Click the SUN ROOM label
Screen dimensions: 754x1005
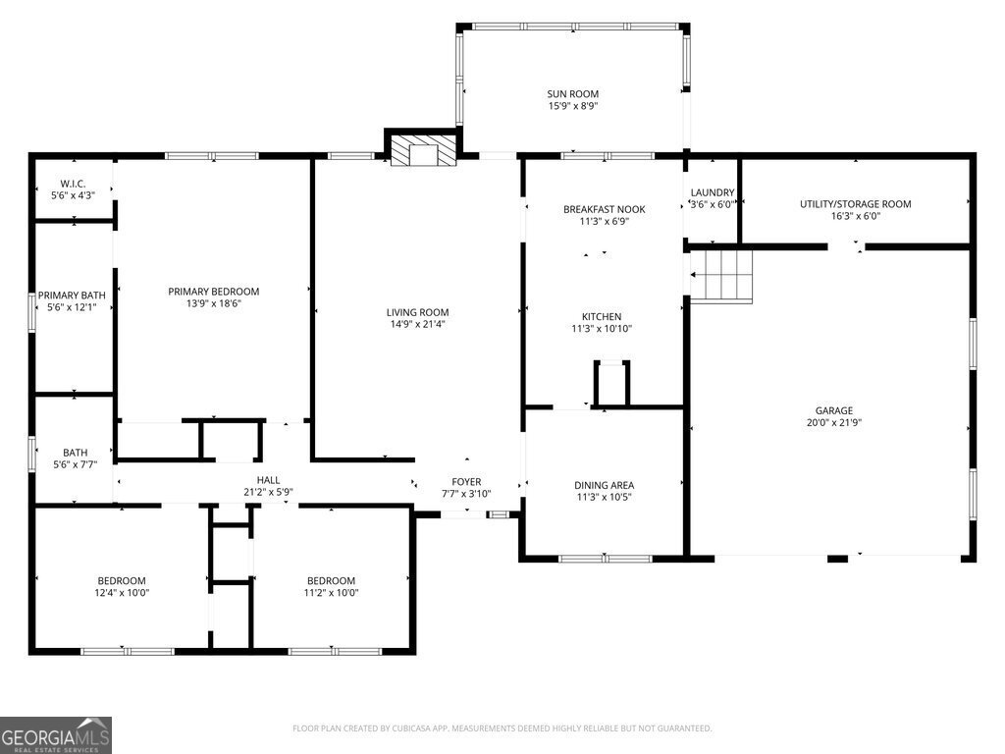572,94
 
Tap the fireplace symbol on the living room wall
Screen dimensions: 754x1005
423,152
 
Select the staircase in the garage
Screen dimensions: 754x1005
721,275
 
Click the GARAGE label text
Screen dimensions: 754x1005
833,410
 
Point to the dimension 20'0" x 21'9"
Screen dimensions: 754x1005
833,423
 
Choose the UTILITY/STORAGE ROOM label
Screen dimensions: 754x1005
855,204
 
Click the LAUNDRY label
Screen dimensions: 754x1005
712,192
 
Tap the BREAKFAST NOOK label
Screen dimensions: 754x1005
604,209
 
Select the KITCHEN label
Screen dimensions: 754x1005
602,316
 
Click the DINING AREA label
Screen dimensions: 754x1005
604,485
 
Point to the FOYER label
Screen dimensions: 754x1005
466,482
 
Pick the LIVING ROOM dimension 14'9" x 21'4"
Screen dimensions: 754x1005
417,325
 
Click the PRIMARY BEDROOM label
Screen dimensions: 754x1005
213,292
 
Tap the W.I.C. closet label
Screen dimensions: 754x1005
74,184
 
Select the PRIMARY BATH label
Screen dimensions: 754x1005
72,296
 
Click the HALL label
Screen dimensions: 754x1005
268,480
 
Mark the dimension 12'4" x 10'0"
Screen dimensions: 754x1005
122,593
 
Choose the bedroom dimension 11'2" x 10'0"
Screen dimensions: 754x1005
331,593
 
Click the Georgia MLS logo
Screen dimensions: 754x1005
56,735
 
